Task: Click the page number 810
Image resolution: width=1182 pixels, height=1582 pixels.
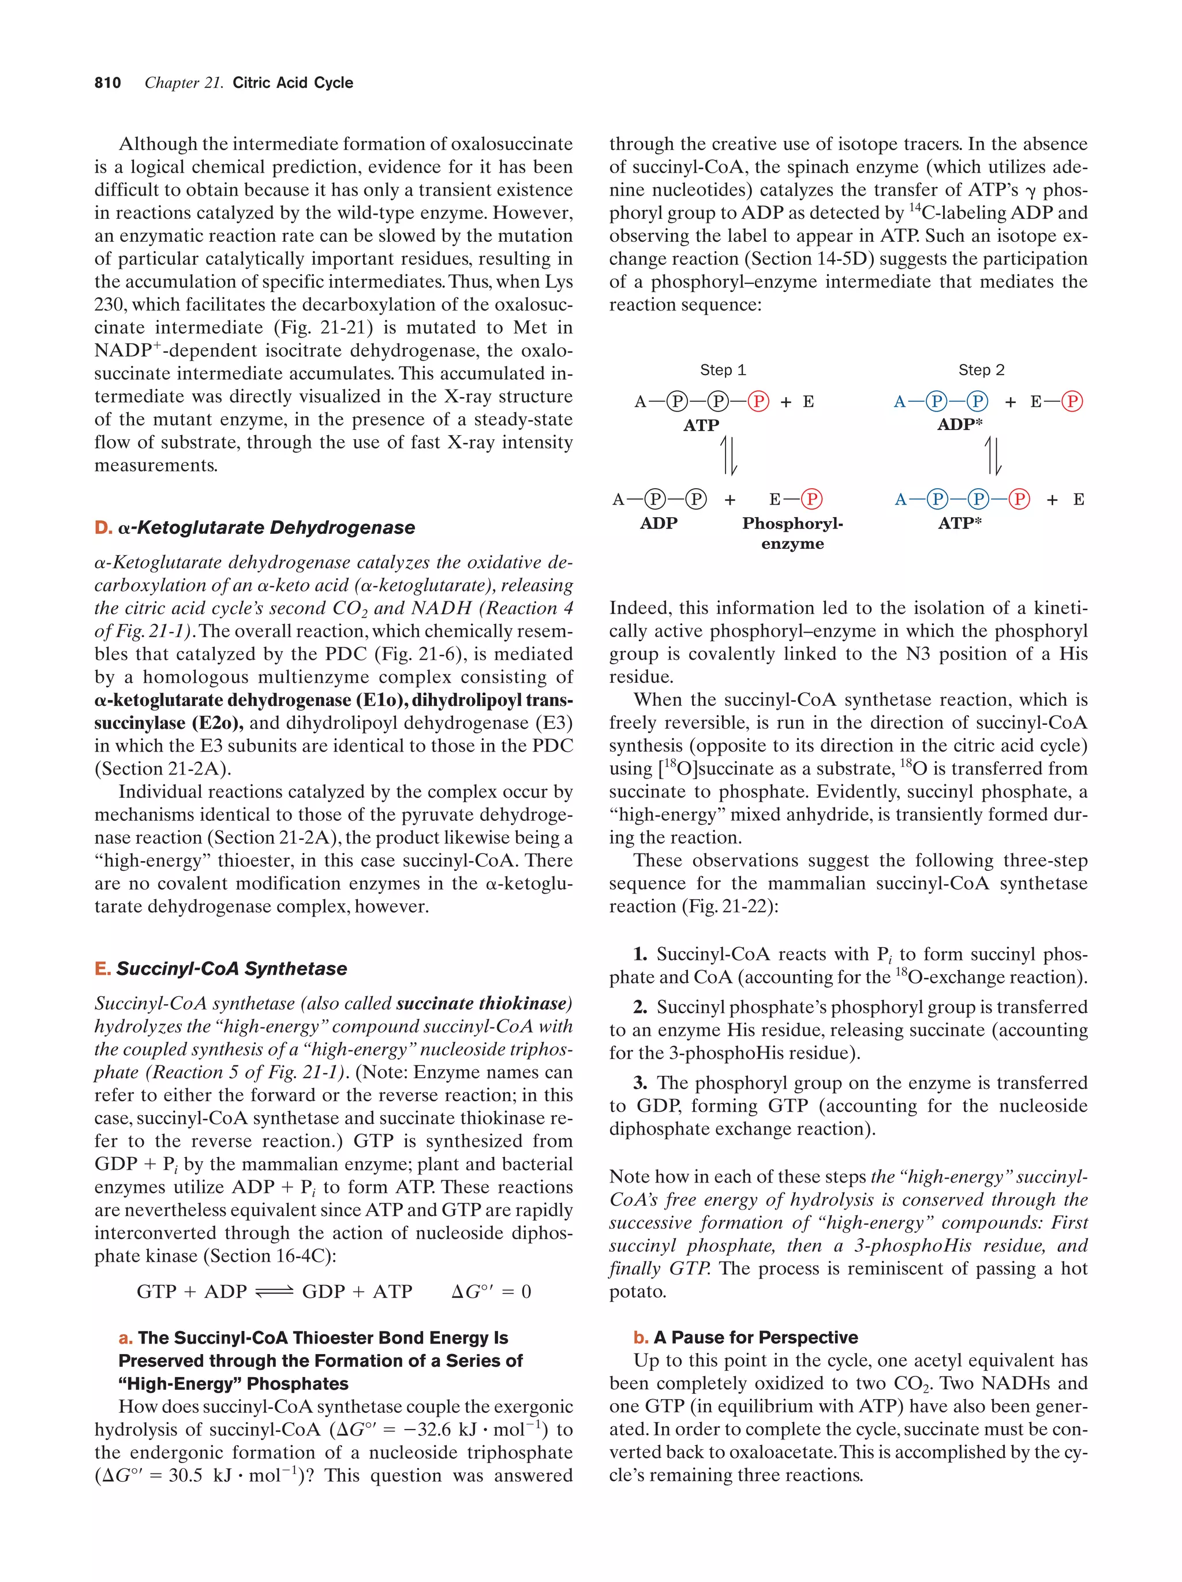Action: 107,83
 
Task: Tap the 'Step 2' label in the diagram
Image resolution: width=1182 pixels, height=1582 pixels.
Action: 981,370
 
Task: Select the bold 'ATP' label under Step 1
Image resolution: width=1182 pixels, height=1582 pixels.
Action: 700,425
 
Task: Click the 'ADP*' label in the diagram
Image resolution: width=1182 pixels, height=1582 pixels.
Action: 960,424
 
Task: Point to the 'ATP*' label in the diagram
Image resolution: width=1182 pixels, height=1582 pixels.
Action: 960,523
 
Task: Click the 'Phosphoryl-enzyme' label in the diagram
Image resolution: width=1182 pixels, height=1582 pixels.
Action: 792,533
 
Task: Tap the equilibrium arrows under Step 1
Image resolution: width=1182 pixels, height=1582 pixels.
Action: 728,455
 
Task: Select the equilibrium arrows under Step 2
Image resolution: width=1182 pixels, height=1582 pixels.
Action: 993,455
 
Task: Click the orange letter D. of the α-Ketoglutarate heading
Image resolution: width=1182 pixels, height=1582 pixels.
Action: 103,528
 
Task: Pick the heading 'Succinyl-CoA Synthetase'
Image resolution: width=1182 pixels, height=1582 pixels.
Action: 231,968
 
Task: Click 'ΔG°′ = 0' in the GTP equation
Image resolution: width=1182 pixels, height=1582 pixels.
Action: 491,1292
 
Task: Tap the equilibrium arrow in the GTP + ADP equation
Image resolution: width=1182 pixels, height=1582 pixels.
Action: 274,1292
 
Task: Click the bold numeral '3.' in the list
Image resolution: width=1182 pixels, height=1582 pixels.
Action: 640,1083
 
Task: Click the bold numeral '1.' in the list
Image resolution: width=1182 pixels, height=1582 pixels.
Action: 640,954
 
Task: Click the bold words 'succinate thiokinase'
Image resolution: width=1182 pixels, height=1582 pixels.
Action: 484,1004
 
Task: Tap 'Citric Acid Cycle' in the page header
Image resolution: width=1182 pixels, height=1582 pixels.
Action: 293,83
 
